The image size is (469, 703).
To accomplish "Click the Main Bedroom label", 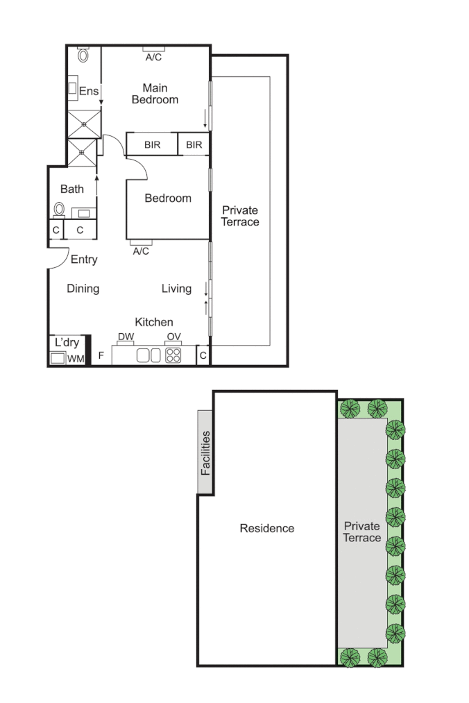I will coord(155,94).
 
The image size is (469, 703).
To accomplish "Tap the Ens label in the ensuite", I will coord(89,91).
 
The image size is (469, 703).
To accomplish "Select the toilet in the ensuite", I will coord(84,54).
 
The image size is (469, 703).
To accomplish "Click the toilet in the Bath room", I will coord(60,209).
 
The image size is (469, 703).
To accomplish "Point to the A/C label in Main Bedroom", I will coord(153,57).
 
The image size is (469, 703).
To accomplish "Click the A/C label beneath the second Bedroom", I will coord(141,251).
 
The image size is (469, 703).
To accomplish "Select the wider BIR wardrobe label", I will coord(153,145).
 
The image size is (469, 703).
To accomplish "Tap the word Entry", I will coord(84,260).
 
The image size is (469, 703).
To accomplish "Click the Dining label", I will coord(83,289).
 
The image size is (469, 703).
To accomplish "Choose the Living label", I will coord(176,289).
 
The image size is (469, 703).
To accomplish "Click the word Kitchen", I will coord(153,322).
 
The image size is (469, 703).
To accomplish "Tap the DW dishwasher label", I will coord(126,338).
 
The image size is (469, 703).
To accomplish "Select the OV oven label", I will coord(173,338).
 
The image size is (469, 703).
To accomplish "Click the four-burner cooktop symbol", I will coord(173,355).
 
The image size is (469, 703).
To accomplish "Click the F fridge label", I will coord(101,355).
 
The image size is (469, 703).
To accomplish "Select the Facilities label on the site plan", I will coord(205,452).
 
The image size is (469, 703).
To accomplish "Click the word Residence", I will coord(266,528).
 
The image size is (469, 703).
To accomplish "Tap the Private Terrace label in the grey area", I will coord(362,532).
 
